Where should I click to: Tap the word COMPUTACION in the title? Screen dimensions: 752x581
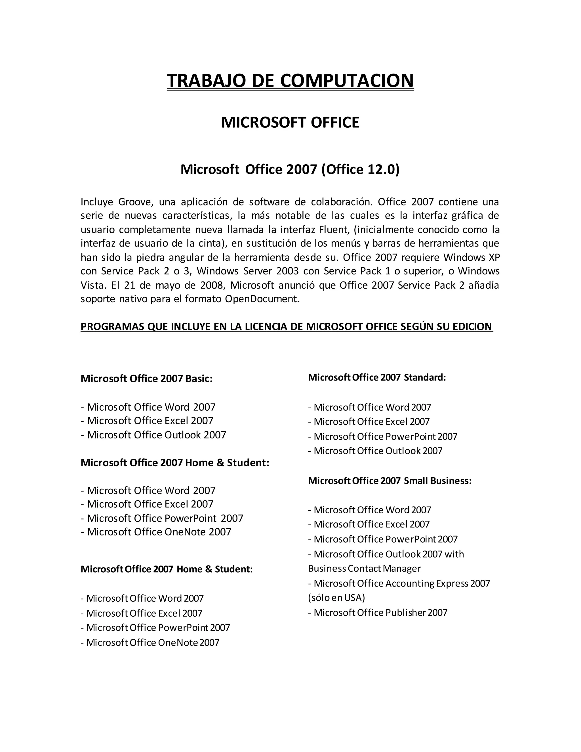coord(347,81)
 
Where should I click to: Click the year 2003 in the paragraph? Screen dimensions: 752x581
coord(287,271)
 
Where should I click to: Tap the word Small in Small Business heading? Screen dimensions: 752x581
coord(415,480)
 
